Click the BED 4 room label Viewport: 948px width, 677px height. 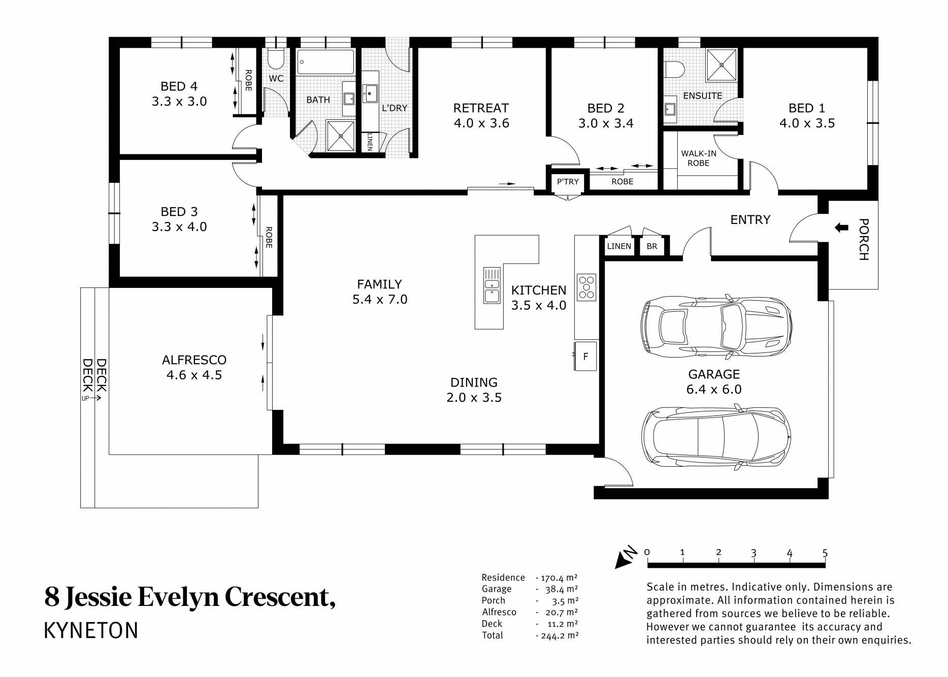point(179,86)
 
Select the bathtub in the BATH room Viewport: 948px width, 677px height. point(325,62)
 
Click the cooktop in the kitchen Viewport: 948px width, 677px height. point(586,287)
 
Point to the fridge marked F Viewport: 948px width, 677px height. point(585,356)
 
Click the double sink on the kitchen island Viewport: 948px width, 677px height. point(491,285)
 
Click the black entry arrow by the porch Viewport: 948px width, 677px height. point(841,228)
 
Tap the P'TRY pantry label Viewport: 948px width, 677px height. point(568,182)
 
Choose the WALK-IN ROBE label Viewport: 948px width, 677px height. point(699,158)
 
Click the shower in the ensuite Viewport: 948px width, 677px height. point(721,65)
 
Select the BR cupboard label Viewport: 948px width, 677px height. point(652,246)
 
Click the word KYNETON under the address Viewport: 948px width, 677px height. point(91,630)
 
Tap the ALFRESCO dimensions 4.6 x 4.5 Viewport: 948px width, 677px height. point(194,375)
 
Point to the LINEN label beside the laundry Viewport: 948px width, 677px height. point(370,142)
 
